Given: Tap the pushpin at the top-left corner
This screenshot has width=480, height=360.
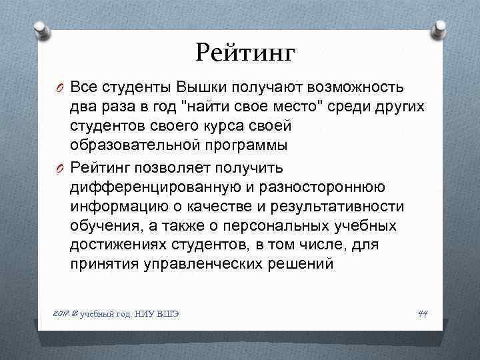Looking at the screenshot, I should tap(39, 30).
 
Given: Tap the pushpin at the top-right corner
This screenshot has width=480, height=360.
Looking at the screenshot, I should tap(439, 30).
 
